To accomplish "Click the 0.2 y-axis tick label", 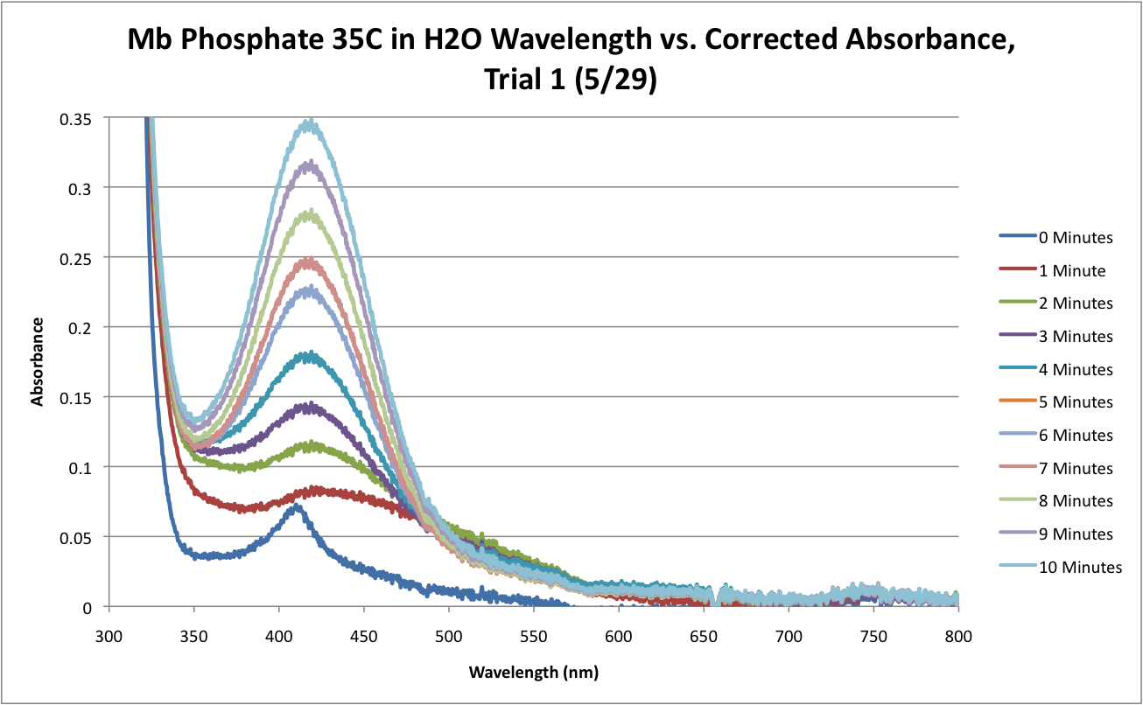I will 84,327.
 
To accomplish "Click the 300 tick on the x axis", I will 109,629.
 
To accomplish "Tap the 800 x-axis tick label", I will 959,629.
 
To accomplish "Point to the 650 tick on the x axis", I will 704,629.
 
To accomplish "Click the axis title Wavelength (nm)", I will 533,673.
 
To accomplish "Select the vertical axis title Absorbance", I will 38,361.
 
